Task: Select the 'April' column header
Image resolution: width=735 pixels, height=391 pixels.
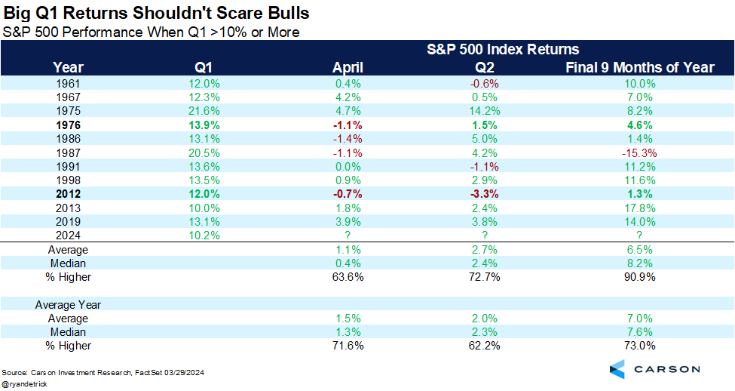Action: (x=348, y=67)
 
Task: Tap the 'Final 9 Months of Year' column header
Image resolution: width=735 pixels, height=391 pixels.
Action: (x=639, y=67)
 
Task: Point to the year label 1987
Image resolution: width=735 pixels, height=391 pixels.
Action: (x=69, y=152)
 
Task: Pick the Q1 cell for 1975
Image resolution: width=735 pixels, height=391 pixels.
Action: (x=207, y=110)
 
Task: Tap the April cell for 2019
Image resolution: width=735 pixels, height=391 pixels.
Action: (x=348, y=222)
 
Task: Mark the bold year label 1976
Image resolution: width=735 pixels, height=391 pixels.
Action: (x=69, y=125)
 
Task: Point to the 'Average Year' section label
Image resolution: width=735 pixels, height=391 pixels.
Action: (x=69, y=305)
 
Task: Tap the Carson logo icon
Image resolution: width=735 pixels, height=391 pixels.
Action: (x=617, y=369)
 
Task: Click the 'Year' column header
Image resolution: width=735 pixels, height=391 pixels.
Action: (x=69, y=67)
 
